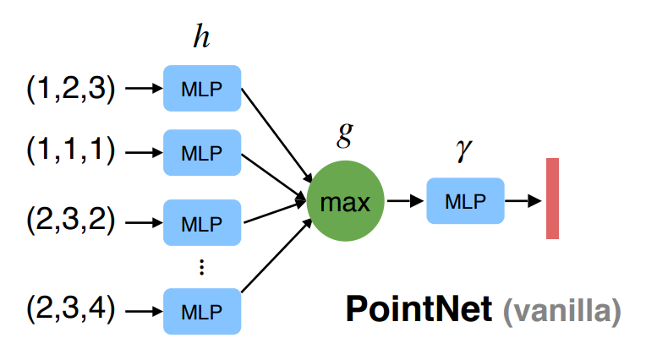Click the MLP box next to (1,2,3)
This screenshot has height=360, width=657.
202,89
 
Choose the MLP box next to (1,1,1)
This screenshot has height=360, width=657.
202,153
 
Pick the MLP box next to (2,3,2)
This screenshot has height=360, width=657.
202,224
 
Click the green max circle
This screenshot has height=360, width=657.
345,201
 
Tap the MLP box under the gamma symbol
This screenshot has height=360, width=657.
465,201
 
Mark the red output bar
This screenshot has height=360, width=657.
552,199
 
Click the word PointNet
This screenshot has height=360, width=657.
418,310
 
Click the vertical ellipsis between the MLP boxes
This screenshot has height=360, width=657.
201,268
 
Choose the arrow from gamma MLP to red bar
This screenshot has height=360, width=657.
523,201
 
